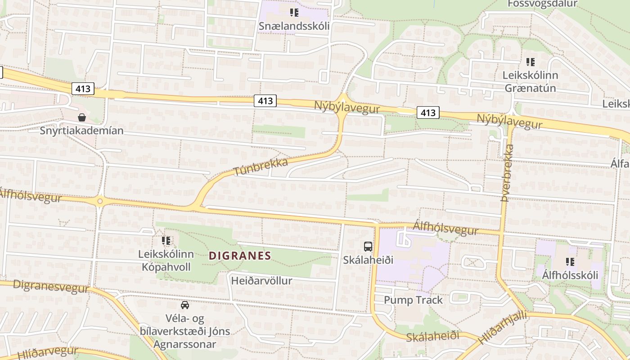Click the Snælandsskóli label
[294, 26]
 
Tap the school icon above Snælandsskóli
[294, 12]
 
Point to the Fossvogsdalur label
[542, 4]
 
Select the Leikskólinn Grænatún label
[530, 81]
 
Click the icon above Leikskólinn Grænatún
[531, 62]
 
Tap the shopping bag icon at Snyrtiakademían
[82, 117]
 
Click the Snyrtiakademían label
[81, 131]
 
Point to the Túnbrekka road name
[261, 167]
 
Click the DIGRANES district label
[240, 256]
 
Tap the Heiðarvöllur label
[261, 281]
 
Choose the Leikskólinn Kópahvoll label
[166, 261]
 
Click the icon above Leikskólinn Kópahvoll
[166, 241]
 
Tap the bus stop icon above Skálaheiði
[368, 246]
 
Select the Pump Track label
[413, 300]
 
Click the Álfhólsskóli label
[570, 275]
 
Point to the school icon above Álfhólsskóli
[570, 261]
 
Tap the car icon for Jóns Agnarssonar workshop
[184, 305]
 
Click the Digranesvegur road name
[50, 286]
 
